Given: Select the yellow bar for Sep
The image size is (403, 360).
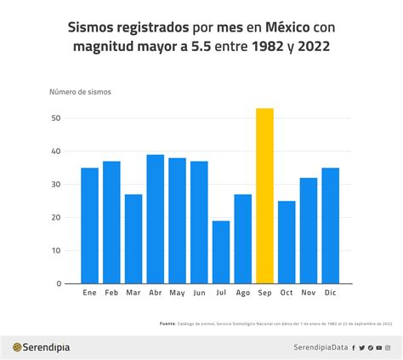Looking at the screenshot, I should click(x=264, y=196).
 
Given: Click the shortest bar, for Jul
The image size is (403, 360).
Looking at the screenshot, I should click(x=221, y=252).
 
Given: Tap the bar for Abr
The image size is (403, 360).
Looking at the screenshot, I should click(x=156, y=219).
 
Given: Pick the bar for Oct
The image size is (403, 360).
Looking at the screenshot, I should click(x=287, y=242).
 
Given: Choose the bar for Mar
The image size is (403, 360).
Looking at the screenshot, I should click(x=133, y=238).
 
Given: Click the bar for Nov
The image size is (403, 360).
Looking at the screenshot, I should click(x=309, y=231).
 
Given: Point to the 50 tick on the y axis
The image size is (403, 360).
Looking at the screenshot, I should click(x=55, y=118).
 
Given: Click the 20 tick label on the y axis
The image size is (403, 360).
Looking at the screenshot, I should click(x=55, y=218).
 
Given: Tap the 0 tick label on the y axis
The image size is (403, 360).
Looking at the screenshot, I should click(x=58, y=283).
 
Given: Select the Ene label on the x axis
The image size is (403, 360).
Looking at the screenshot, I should click(x=89, y=294).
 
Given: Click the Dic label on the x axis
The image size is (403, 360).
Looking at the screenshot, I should click(x=330, y=294).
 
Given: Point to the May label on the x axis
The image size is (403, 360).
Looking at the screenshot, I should click(x=177, y=294).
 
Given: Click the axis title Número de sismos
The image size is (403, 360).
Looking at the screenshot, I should click(x=80, y=91).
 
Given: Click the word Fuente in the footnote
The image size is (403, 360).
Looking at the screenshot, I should click(x=168, y=323).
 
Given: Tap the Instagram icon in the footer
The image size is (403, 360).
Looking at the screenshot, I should click(x=388, y=347).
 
